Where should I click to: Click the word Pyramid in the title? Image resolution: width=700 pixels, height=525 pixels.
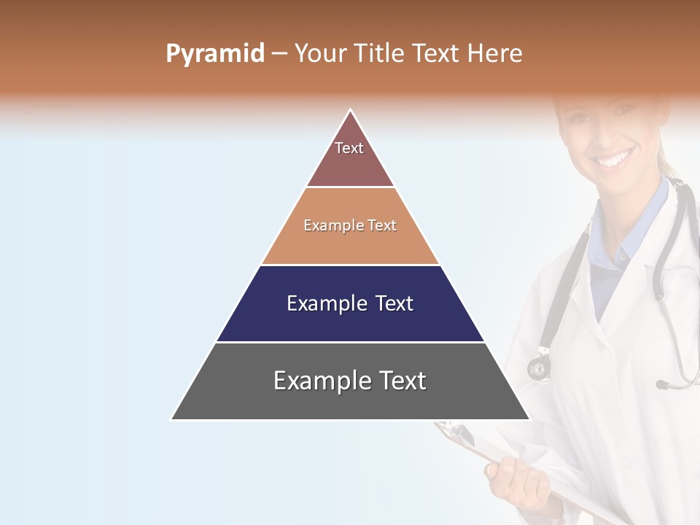click(214, 54)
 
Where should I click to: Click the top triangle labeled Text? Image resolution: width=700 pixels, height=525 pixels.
click(350, 157)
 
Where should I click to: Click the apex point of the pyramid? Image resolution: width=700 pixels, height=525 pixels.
click(351, 110)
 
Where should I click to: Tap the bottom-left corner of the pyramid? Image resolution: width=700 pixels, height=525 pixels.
click(172, 419)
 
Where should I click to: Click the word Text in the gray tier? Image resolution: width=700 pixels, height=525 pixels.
click(400, 381)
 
